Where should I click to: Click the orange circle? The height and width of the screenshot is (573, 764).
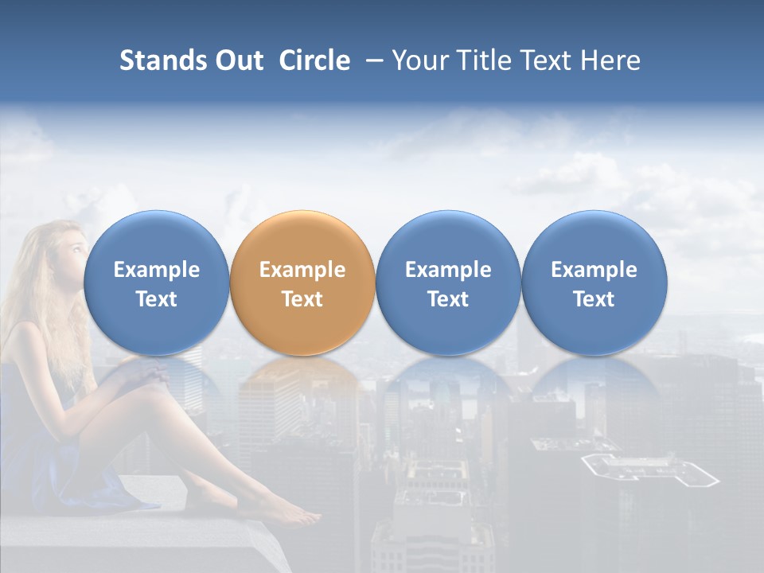pos(302,283)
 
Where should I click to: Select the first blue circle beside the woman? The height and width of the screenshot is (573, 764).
pos(156,283)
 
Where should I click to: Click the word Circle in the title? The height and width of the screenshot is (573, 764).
pos(314,60)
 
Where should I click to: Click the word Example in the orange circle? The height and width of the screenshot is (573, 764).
pos(302,270)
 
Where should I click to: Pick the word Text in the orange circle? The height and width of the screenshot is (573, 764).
pos(302,299)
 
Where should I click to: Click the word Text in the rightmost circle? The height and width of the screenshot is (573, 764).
pos(594,299)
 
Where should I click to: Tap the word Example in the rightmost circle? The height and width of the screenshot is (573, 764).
pos(594,270)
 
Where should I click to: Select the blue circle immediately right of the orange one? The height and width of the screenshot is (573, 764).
pos(448,283)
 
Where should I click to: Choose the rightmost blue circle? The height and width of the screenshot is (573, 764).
pos(594,283)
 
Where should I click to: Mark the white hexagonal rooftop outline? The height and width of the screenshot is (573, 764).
pos(649,470)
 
